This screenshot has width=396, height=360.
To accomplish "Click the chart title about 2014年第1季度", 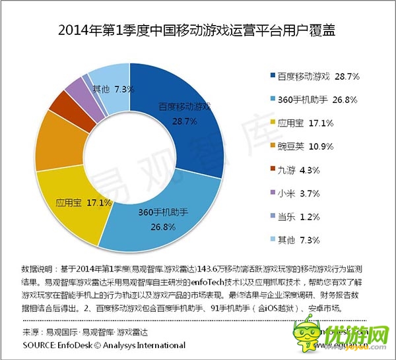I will click(197, 31).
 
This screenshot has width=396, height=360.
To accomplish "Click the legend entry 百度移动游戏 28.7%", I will click(315, 77).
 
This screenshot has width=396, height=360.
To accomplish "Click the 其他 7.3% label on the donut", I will click(114, 88).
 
